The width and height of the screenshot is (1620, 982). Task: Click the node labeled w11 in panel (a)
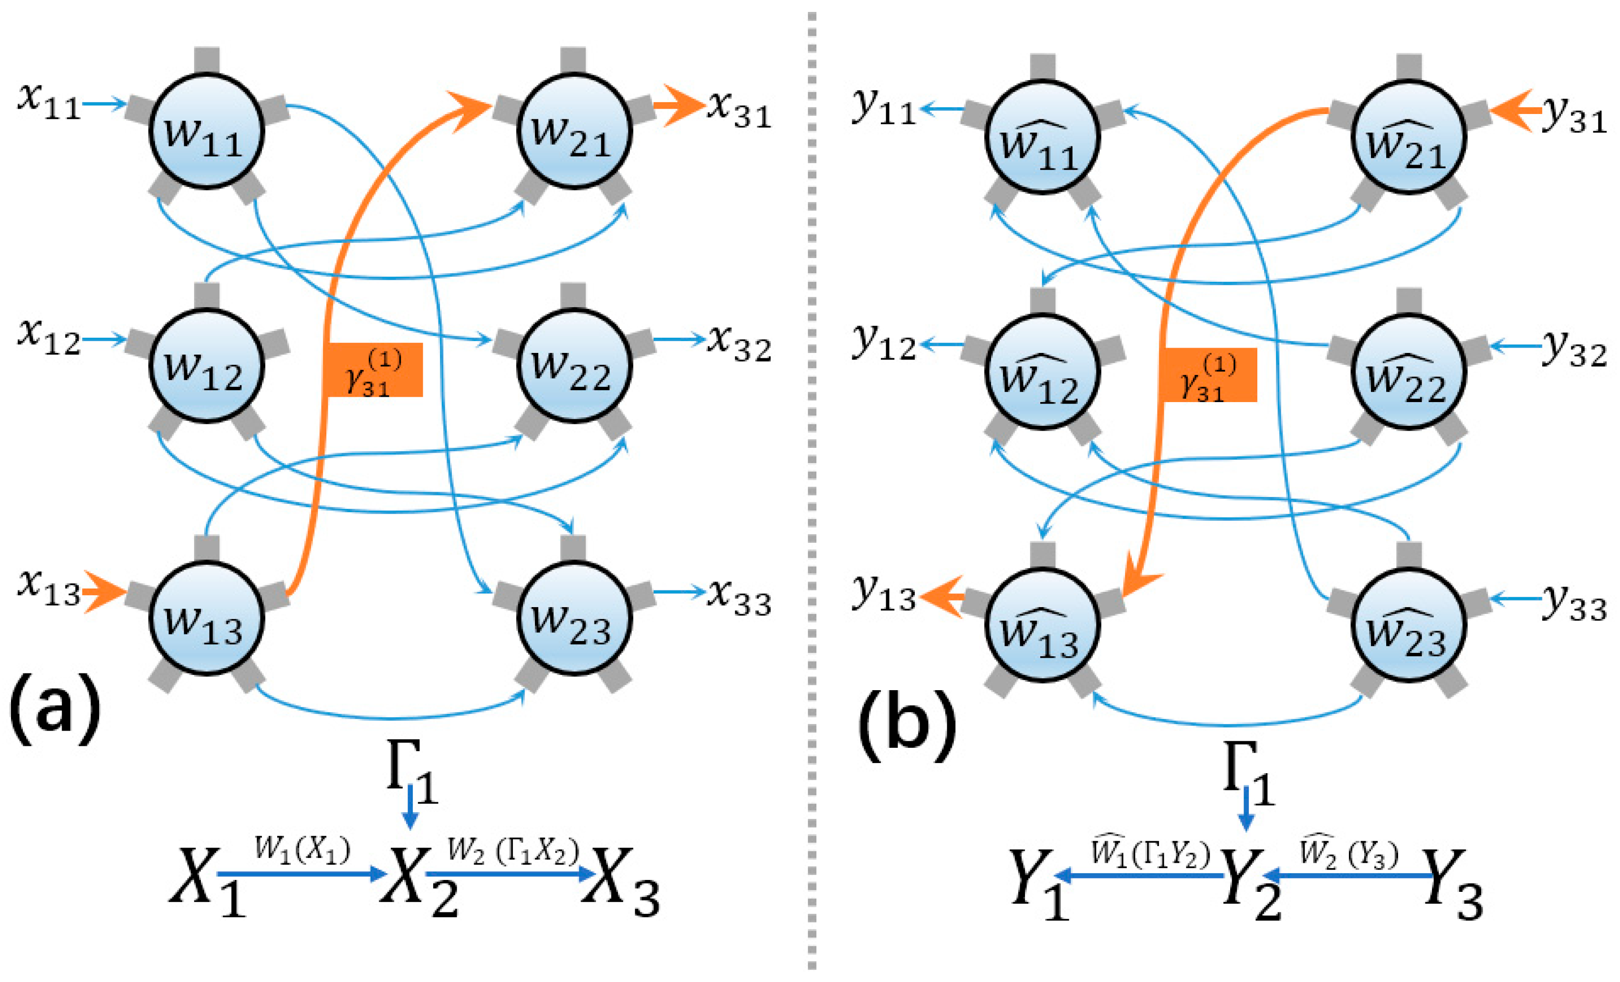pos(207,132)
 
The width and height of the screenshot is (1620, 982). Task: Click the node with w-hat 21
pos(1408,137)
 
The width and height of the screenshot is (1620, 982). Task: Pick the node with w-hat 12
pos(1042,372)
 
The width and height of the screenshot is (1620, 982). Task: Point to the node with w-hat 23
pos(1408,625)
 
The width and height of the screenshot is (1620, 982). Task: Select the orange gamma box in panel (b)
pos(1208,375)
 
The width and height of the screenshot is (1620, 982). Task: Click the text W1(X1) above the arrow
pos(303,850)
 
